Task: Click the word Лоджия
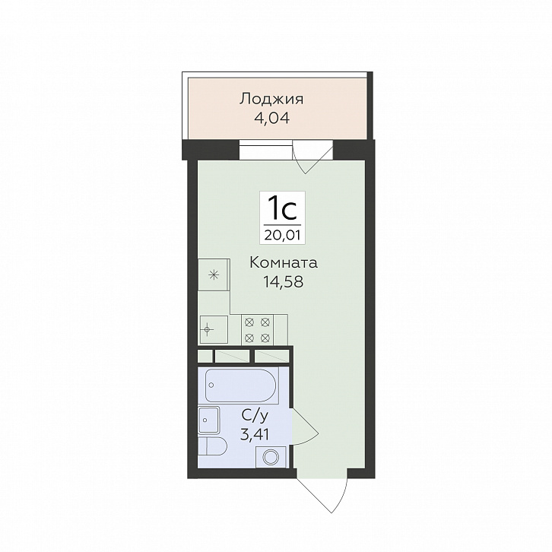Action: pos(271,100)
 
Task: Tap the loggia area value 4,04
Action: pos(271,119)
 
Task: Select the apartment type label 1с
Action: pos(282,209)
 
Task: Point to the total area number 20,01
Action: pos(282,235)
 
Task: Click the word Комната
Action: pos(284,263)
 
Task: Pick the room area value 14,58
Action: pos(283,281)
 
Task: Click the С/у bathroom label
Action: pos(255,417)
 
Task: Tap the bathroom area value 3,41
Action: pos(254,435)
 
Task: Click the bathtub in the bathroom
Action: pos(242,385)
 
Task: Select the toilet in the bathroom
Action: pos(212,446)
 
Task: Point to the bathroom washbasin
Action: pos(209,420)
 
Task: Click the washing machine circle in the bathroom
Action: pos(271,457)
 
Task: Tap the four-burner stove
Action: pos(257,330)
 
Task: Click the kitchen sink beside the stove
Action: pos(214,329)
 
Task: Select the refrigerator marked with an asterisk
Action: pos(214,274)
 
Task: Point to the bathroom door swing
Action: pos(305,427)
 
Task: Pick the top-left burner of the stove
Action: pos(249,322)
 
